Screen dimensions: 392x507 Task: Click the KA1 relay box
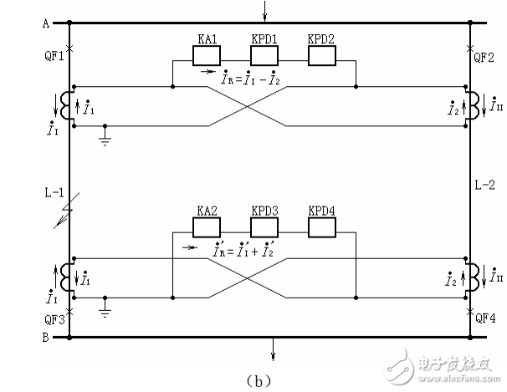point(206,56)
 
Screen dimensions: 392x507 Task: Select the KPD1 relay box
point(264,56)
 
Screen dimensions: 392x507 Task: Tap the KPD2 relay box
point(321,56)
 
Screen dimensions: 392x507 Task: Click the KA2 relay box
point(206,227)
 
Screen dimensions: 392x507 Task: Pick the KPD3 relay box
point(264,227)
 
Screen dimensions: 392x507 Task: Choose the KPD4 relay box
point(321,227)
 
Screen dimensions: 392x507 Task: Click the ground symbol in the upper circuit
point(104,137)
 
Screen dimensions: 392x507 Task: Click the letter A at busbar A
point(45,23)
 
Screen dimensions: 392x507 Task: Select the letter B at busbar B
point(45,338)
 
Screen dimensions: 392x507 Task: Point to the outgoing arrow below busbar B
point(272,349)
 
